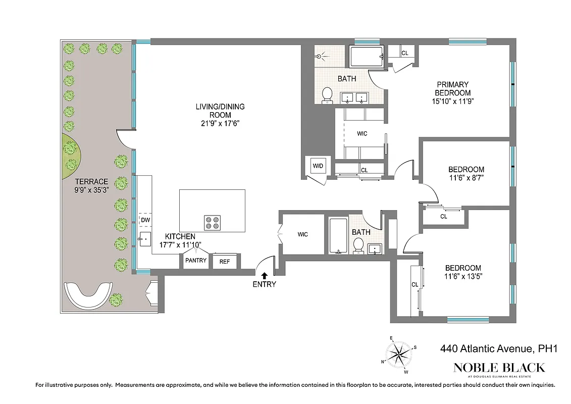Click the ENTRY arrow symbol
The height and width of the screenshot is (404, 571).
pyautogui.click(x=263, y=275)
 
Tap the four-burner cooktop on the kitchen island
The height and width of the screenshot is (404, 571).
pyautogui.click(x=213, y=223)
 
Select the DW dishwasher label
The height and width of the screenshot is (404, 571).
pyautogui.click(x=145, y=220)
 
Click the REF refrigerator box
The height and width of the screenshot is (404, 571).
pyautogui.click(x=225, y=261)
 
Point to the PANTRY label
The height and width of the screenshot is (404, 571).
pyautogui.click(x=195, y=261)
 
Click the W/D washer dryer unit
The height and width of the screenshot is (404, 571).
pyautogui.click(x=318, y=166)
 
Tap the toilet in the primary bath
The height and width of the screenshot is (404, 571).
pyautogui.click(x=327, y=94)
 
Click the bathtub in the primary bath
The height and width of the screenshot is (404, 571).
pyautogui.click(x=367, y=57)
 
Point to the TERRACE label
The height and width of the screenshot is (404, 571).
pyautogui.click(x=91, y=182)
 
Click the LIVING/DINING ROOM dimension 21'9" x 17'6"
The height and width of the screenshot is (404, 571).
pyautogui.click(x=220, y=123)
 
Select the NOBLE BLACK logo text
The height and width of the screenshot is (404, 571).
pyautogui.click(x=499, y=367)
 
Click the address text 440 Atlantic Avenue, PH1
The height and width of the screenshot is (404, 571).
pyautogui.click(x=498, y=349)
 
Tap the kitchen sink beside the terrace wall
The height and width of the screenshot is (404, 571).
pyautogui.click(x=145, y=238)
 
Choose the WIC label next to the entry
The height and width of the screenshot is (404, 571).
pyautogui.click(x=302, y=234)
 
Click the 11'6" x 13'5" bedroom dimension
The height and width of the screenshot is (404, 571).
pyautogui.click(x=462, y=277)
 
